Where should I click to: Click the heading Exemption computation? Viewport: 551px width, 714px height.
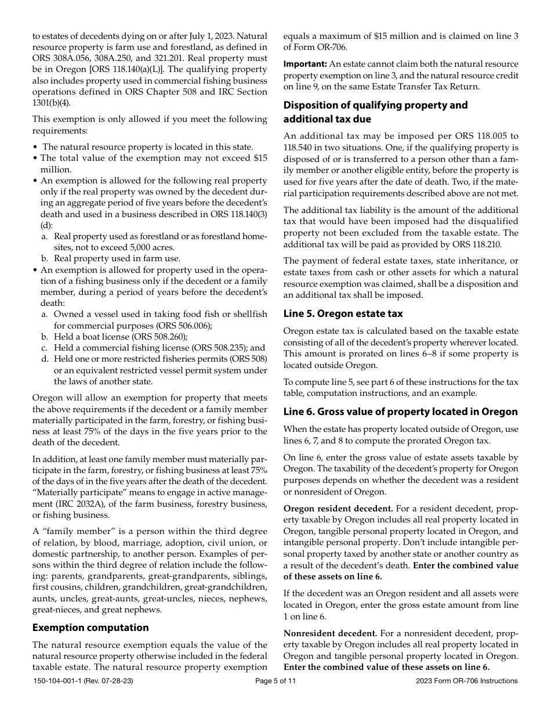point(90,628)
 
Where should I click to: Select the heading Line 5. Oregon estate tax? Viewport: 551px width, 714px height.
point(343,313)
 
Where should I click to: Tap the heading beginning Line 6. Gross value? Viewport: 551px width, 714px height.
point(400,412)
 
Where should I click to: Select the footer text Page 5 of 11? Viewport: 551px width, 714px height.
point(275,681)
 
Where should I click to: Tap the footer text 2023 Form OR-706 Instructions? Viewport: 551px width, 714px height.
point(467,681)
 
